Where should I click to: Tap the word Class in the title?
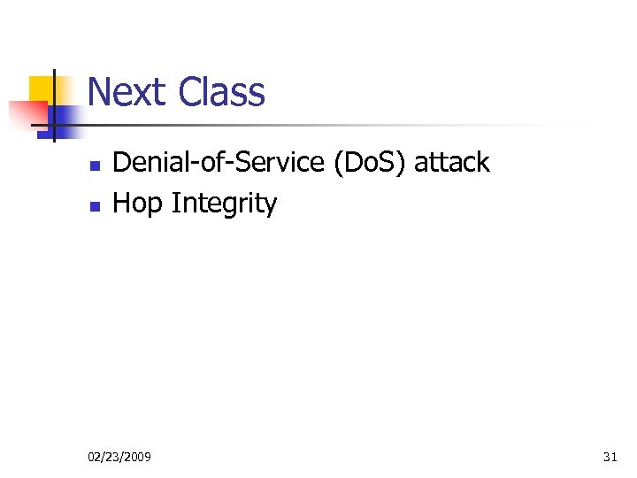click(221, 92)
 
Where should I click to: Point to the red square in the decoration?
click(27, 115)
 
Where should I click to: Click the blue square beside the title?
click(65, 117)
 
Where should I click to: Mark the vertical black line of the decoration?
click(54, 106)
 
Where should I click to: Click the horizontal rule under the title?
click(336, 126)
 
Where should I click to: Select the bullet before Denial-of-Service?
click(96, 166)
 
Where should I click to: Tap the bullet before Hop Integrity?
click(96, 206)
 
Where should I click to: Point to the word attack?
click(451, 163)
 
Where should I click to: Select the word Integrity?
click(225, 204)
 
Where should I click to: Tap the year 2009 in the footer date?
click(136, 457)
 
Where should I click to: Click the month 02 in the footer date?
click(95, 457)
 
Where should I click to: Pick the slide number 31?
click(610, 457)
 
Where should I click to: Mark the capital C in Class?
click(188, 92)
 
